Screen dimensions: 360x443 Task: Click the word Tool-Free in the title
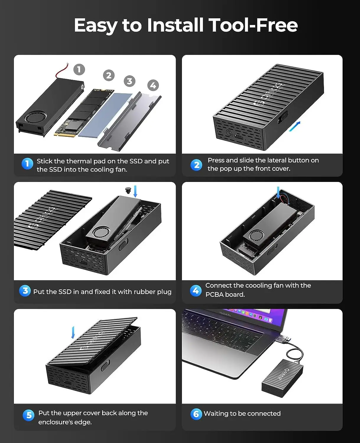pos(253,25)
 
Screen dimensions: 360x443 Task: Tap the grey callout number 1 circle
pos(79,69)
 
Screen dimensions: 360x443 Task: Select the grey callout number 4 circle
pos(153,85)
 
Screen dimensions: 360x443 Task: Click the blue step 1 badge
pos(27,164)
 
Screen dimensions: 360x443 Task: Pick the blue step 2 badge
pos(196,165)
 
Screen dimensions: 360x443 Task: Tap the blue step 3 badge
pos(25,291)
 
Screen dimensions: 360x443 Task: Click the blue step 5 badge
pos(28,415)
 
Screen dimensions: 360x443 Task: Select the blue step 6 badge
pos(196,414)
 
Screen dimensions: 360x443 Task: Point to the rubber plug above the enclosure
pos(128,190)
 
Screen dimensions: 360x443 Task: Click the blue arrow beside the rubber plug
pos(135,191)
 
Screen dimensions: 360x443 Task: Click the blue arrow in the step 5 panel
pos(73,332)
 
